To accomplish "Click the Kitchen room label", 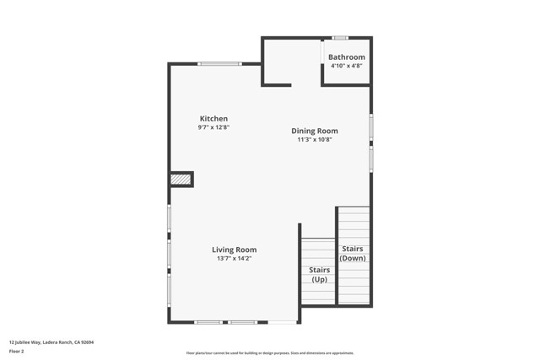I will (x=213, y=119).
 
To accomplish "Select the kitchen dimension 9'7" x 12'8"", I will (x=213, y=127).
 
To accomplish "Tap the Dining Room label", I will (x=314, y=131).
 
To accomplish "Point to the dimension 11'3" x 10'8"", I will (x=314, y=140).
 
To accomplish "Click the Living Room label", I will (x=234, y=250).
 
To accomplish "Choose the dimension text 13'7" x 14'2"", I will (x=234, y=259).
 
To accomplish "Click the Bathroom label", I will (x=347, y=57).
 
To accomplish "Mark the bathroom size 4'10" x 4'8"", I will (x=347, y=66).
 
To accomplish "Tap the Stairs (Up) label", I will (x=319, y=275).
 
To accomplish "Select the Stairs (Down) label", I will (x=352, y=254).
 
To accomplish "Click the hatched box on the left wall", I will (x=181, y=180).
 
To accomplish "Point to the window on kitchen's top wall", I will (x=219, y=64).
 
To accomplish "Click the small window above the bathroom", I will (x=340, y=38).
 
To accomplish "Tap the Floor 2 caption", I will (x=17, y=351).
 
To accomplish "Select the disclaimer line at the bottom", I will (x=270, y=353).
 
